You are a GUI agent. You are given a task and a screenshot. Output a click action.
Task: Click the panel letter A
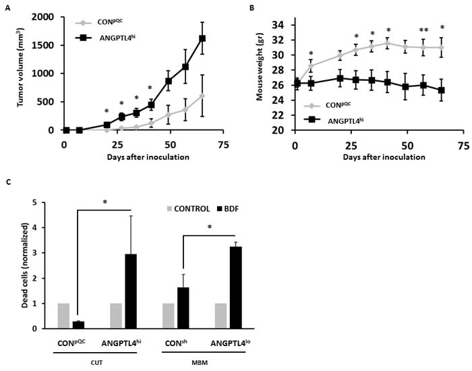6,7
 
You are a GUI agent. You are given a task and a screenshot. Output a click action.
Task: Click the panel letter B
252,7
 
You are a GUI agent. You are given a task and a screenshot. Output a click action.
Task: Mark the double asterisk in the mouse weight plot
423,30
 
